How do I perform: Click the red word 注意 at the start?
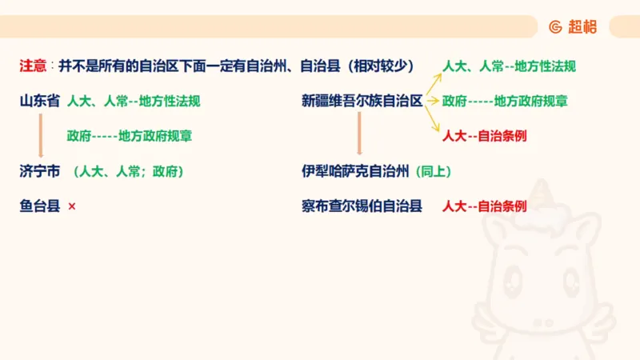(x=33, y=66)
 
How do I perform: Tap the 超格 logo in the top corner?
(x=574, y=26)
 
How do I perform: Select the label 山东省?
(x=40, y=102)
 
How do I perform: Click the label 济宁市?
(x=40, y=171)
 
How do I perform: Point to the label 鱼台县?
(x=40, y=206)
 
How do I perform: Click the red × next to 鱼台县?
(x=72, y=206)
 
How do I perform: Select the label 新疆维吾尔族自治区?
(x=362, y=102)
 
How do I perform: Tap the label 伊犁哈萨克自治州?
(x=356, y=171)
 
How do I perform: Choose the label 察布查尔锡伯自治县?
(x=362, y=206)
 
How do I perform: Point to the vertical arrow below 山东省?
(x=40, y=135)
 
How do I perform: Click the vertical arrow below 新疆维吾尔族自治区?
(x=360, y=134)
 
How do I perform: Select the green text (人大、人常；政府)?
(x=129, y=171)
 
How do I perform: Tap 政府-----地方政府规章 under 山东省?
(x=130, y=136)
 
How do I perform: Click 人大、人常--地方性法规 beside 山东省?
(x=134, y=102)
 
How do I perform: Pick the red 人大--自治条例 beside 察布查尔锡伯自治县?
(x=484, y=206)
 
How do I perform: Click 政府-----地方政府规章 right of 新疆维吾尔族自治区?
(x=505, y=102)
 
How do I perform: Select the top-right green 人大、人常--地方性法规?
(x=509, y=66)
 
